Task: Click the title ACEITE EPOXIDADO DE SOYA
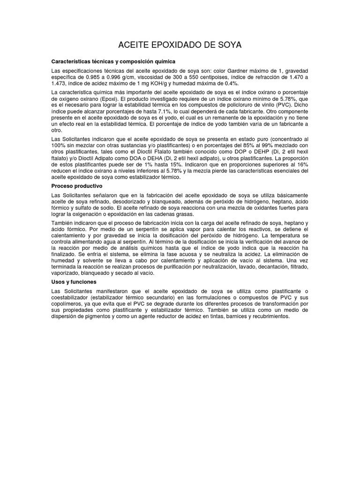tap(180, 45)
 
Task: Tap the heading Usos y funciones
tap(74, 282)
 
